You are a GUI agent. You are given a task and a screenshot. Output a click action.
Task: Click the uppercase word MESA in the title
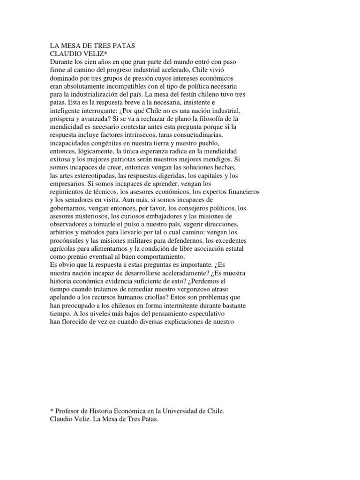[69, 46]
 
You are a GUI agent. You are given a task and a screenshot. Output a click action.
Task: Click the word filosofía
[210, 119]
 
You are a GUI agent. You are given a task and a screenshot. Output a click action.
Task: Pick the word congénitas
[103, 143]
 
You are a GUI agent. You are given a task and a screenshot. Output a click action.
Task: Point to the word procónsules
[69, 241]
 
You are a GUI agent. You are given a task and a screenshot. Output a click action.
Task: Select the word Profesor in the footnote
[69, 412]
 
